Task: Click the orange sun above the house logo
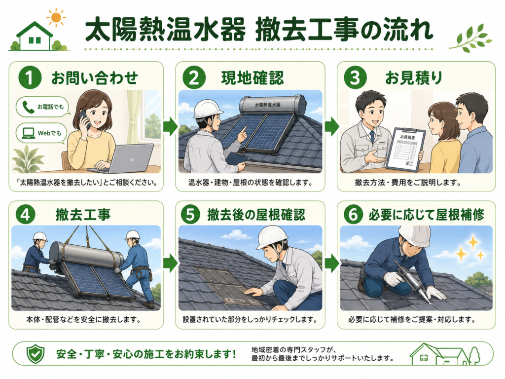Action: (56, 17)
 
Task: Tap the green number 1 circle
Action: (30, 77)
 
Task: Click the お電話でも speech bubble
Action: (43, 107)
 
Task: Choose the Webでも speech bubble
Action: (42, 133)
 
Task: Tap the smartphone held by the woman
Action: (84, 119)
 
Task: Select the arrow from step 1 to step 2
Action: (170, 126)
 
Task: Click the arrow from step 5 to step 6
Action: (331, 264)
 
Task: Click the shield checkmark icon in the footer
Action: (36, 353)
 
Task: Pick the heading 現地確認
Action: (252, 78)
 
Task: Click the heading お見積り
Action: (414, 78)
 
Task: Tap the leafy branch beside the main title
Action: (470, 38)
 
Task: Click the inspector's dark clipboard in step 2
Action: (237, 158)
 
